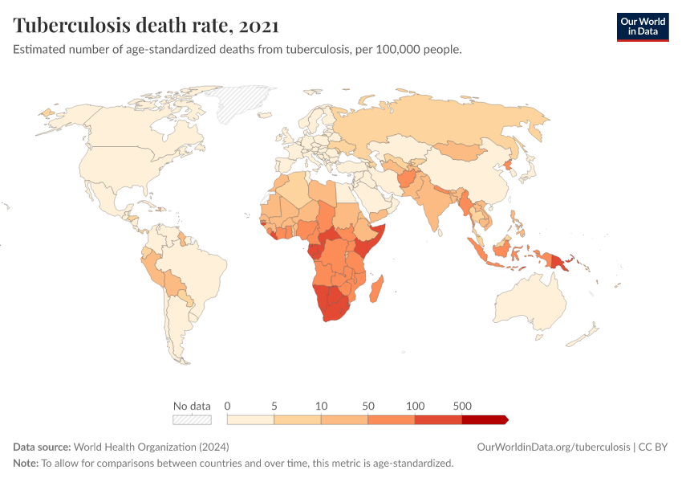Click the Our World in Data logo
tap(642, 27)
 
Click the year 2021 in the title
tap(258, 26)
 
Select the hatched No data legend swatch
tap(192, 419)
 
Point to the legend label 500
tap(462, 406)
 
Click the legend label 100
tap(415, 406)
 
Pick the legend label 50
tap(368, 406)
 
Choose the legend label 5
tap(274, 406)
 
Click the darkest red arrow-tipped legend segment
tap(485, 419)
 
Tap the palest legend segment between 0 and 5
tap(250, 419)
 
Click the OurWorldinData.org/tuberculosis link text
tap(553, 447)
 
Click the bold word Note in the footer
tap(26, 464)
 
